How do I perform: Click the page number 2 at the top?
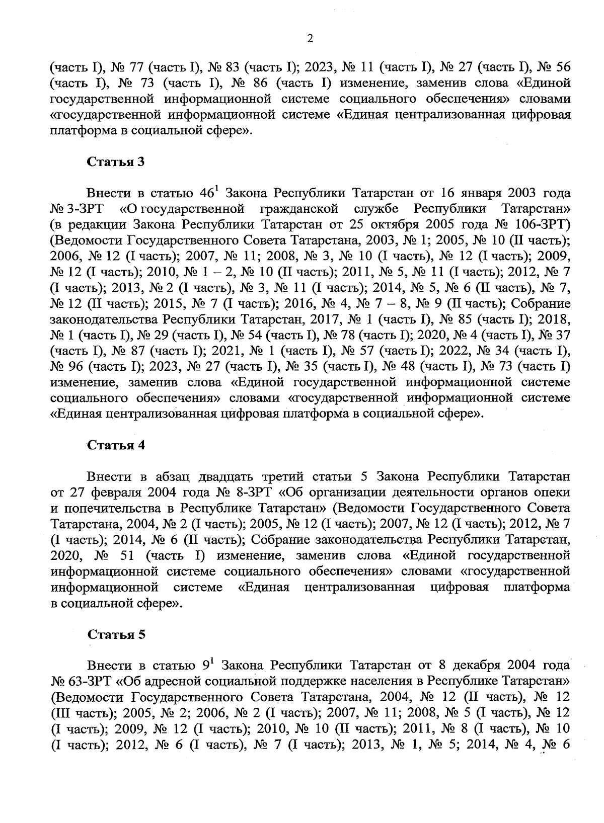pos(310,39)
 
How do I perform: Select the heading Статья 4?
pos(116,445)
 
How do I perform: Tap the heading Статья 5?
pos(116,634)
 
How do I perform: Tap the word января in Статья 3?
pos(480,193)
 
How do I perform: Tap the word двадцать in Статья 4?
pos(224,476)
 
